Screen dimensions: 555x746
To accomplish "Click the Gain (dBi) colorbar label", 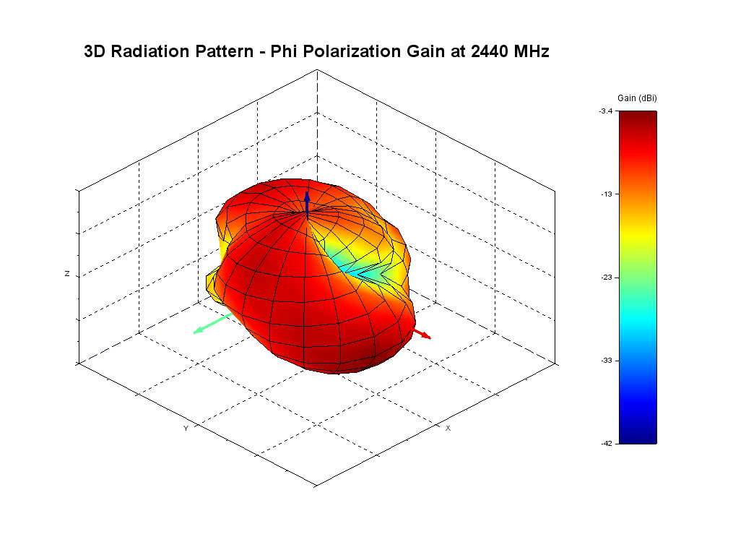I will point(637,98).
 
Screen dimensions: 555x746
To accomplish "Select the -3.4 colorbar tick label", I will point(605,111).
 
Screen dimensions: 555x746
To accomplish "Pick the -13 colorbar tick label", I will point(607,194).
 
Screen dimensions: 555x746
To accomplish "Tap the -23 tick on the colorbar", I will point(607,277).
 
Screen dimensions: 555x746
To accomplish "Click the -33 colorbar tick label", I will point(607,360).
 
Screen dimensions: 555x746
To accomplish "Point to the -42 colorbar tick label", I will point(607,443).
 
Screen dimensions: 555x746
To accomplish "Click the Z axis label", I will point(67,274).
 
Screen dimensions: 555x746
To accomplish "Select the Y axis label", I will point(186,428).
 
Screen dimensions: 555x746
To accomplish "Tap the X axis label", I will point(448,428).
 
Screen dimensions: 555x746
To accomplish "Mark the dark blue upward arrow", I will point(307,202).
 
